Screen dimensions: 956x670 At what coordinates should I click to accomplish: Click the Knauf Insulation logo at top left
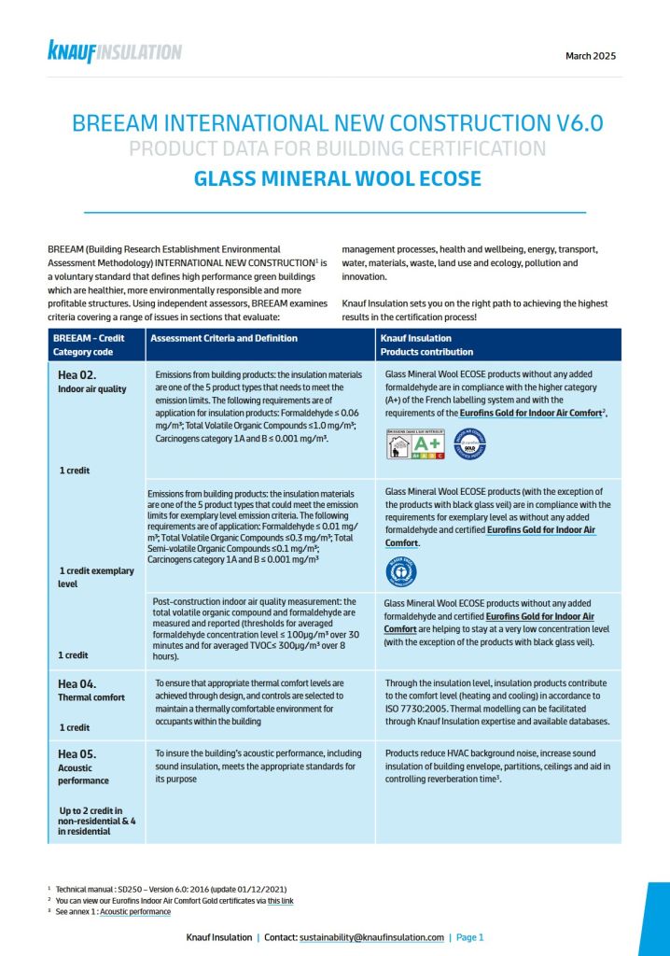pos(114,52)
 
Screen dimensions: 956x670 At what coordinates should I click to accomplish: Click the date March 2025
pos(590,56)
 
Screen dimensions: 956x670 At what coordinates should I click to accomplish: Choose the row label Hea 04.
pos(77,682)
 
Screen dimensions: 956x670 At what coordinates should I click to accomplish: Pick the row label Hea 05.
pos(77,752)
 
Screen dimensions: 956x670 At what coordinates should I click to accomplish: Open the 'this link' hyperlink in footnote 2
pos(281,900)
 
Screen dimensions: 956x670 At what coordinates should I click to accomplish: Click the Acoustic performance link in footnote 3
pos(135,911)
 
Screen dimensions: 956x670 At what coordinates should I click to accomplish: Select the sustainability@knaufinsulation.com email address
pos(371,936)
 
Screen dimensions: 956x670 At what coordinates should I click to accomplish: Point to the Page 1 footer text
pos(469,936)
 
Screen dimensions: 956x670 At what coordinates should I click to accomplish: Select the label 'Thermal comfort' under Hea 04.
pos(91,698)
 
